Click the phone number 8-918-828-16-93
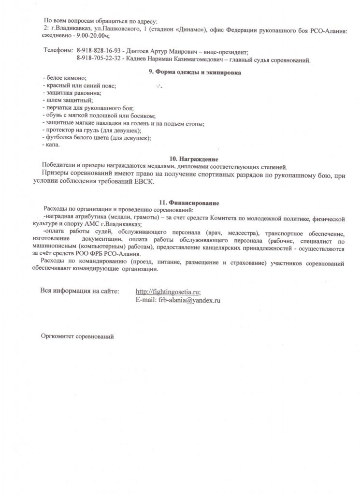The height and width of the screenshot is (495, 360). coord(100,51)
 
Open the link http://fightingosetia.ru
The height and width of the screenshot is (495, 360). coord(168,291)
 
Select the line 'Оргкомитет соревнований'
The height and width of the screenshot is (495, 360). coord(78,336)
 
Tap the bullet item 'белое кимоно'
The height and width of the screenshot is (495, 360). coord(65,78)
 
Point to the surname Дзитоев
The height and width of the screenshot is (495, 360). coord(142,51)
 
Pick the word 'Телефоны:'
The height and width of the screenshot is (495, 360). coord(58,51)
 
